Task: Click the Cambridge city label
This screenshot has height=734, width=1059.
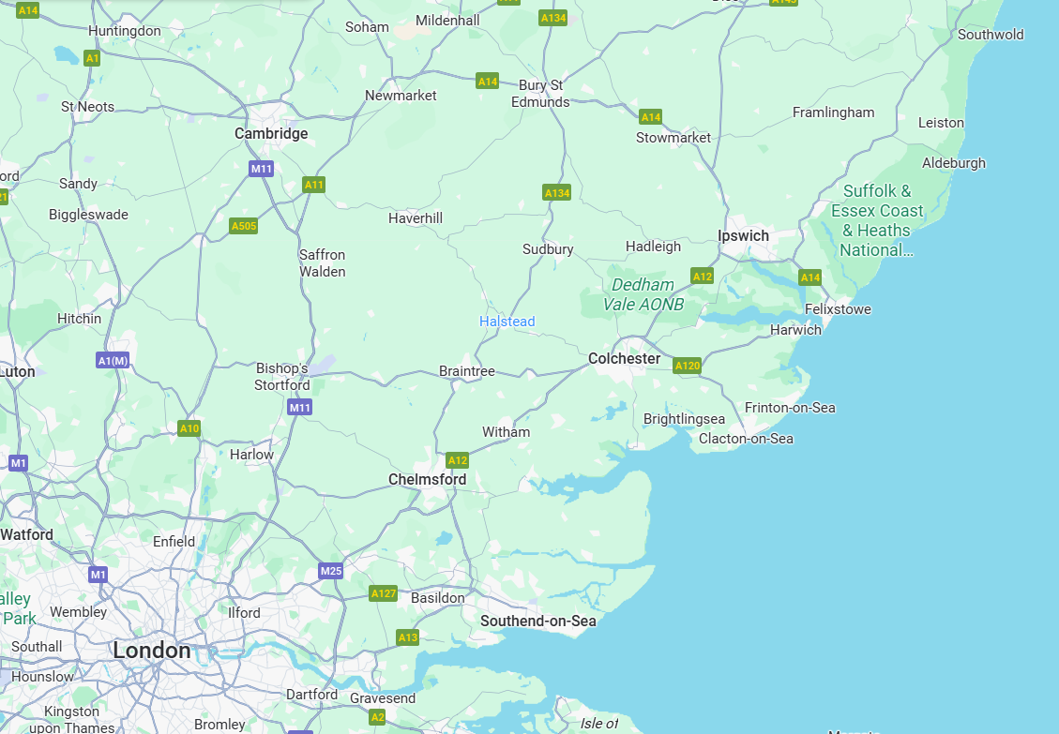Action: click(x=271, y=134)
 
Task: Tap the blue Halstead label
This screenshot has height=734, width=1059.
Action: click(x=507, y=322)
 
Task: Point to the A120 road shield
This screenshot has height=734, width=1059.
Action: click(x=687, y=366)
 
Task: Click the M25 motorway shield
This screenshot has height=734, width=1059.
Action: click(x=330, y=571)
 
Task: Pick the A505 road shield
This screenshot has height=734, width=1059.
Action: click(x=244, y=226)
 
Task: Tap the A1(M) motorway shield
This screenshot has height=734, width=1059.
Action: click(x=113, y=360)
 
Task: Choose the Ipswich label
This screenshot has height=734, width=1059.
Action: click(x=743, y=236)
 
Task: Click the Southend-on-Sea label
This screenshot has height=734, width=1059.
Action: click(x=537, y=621)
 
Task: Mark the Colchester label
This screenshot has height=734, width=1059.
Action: click(x=624, y=359)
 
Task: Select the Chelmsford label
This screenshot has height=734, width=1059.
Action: click(x=427, y=480)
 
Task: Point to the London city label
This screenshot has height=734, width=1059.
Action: click(x=151, y=650)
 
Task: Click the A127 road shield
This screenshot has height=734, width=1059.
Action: click(x=383, y=593)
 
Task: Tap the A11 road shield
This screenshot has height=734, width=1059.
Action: click(x=313, y=185)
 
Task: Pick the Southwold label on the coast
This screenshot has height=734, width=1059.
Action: click(x=991, y=35)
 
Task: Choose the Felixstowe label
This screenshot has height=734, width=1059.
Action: click(x=838, y=309)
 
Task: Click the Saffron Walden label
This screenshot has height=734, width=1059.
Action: click(x=322, y=263)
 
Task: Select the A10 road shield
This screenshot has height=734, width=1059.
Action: click(x=189, y=428)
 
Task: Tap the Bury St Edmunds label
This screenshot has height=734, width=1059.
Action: click(x=540, y=94)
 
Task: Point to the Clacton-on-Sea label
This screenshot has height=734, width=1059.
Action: click(x=746, y=439)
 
